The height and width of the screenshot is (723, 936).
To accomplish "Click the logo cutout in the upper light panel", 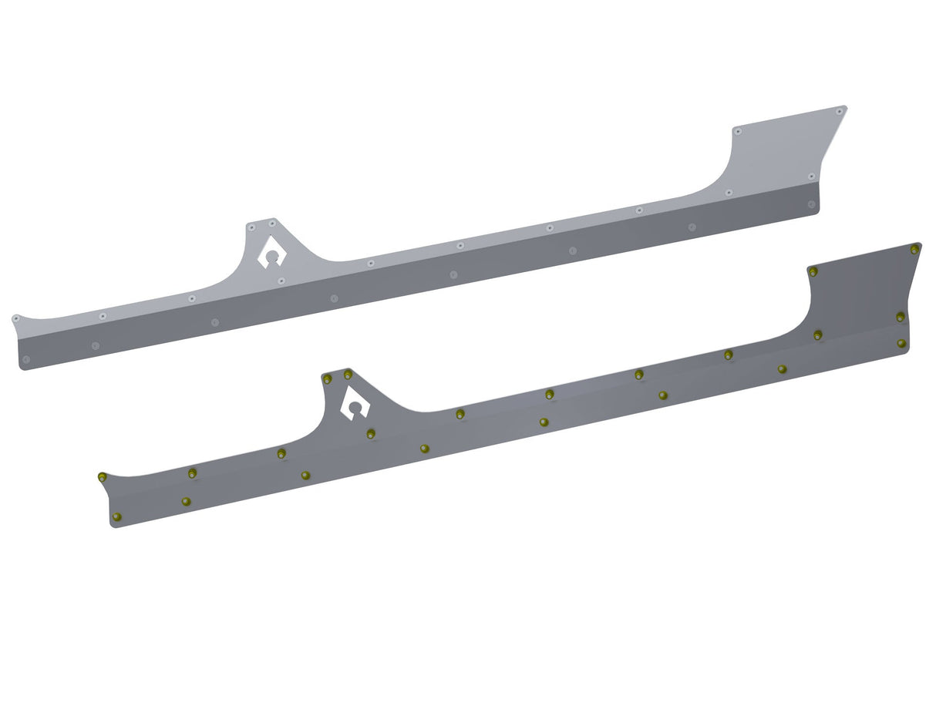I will (271, 251).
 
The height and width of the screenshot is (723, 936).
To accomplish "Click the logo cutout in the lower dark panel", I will (355, 403).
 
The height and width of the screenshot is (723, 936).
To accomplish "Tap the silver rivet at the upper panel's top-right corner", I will (840, 111).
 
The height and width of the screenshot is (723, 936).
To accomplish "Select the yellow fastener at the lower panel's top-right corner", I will (914, 249).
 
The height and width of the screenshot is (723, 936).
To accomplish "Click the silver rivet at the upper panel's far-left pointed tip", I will (15, 318).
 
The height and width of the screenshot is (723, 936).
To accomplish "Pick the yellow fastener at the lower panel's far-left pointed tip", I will (102, 477).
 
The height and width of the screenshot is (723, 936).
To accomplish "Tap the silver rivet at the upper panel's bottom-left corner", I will (26, 359).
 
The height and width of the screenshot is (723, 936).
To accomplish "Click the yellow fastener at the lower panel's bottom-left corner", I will (116, 516).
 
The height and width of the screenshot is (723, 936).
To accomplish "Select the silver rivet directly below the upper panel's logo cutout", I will (281, 281).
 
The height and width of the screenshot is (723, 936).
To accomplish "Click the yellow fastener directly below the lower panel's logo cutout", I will (371, 433).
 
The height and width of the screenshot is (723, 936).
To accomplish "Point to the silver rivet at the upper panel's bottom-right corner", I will (811, 204).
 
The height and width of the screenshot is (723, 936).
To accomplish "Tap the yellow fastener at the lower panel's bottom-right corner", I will (901, 343).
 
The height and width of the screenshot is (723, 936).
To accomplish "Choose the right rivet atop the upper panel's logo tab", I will (272, 223).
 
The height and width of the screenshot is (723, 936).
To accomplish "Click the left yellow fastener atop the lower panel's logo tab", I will (328, 378).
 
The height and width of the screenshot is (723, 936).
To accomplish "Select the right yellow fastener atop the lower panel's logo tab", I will (348, 375).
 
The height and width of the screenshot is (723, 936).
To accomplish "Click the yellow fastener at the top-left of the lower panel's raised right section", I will (813, 271).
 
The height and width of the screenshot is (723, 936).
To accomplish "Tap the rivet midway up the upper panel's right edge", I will (812, 177).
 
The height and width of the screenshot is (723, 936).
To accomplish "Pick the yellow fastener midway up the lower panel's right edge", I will (900, 317).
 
